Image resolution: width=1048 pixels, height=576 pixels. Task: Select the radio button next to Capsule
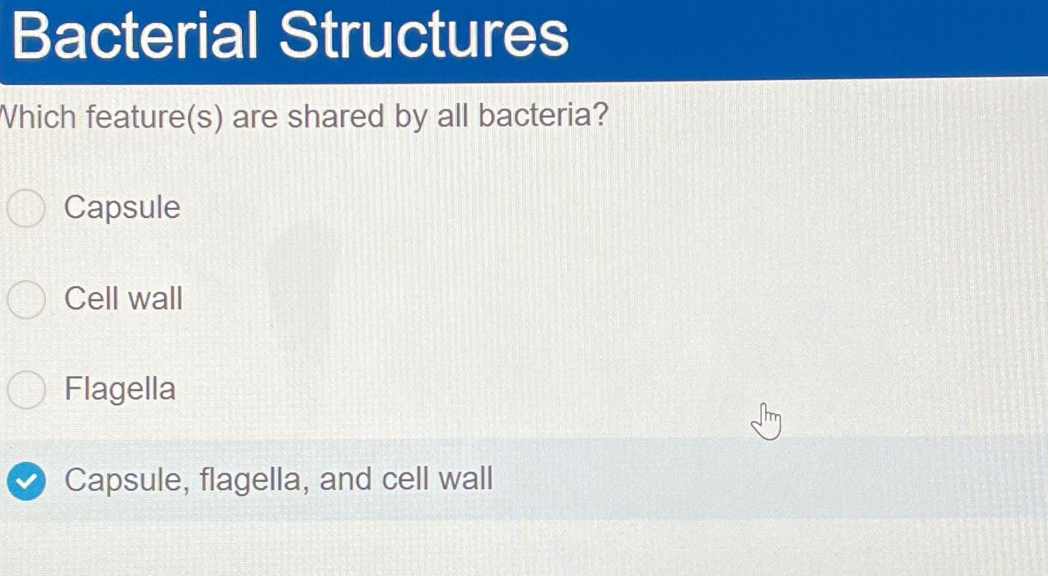(x=27, y=209)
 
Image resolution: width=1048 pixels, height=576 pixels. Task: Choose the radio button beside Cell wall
(x=26, y=299)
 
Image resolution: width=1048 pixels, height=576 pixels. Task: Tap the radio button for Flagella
(x=26, y=390)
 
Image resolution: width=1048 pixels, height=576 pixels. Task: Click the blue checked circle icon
(x=26, y=482)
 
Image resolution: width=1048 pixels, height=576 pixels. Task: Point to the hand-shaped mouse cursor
(x=767, y=421)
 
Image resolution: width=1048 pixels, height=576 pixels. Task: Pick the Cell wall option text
(x=123, y=299)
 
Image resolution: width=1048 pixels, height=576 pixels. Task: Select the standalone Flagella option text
(x=120, y=389)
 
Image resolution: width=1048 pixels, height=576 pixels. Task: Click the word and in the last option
(x=345, y=480)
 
